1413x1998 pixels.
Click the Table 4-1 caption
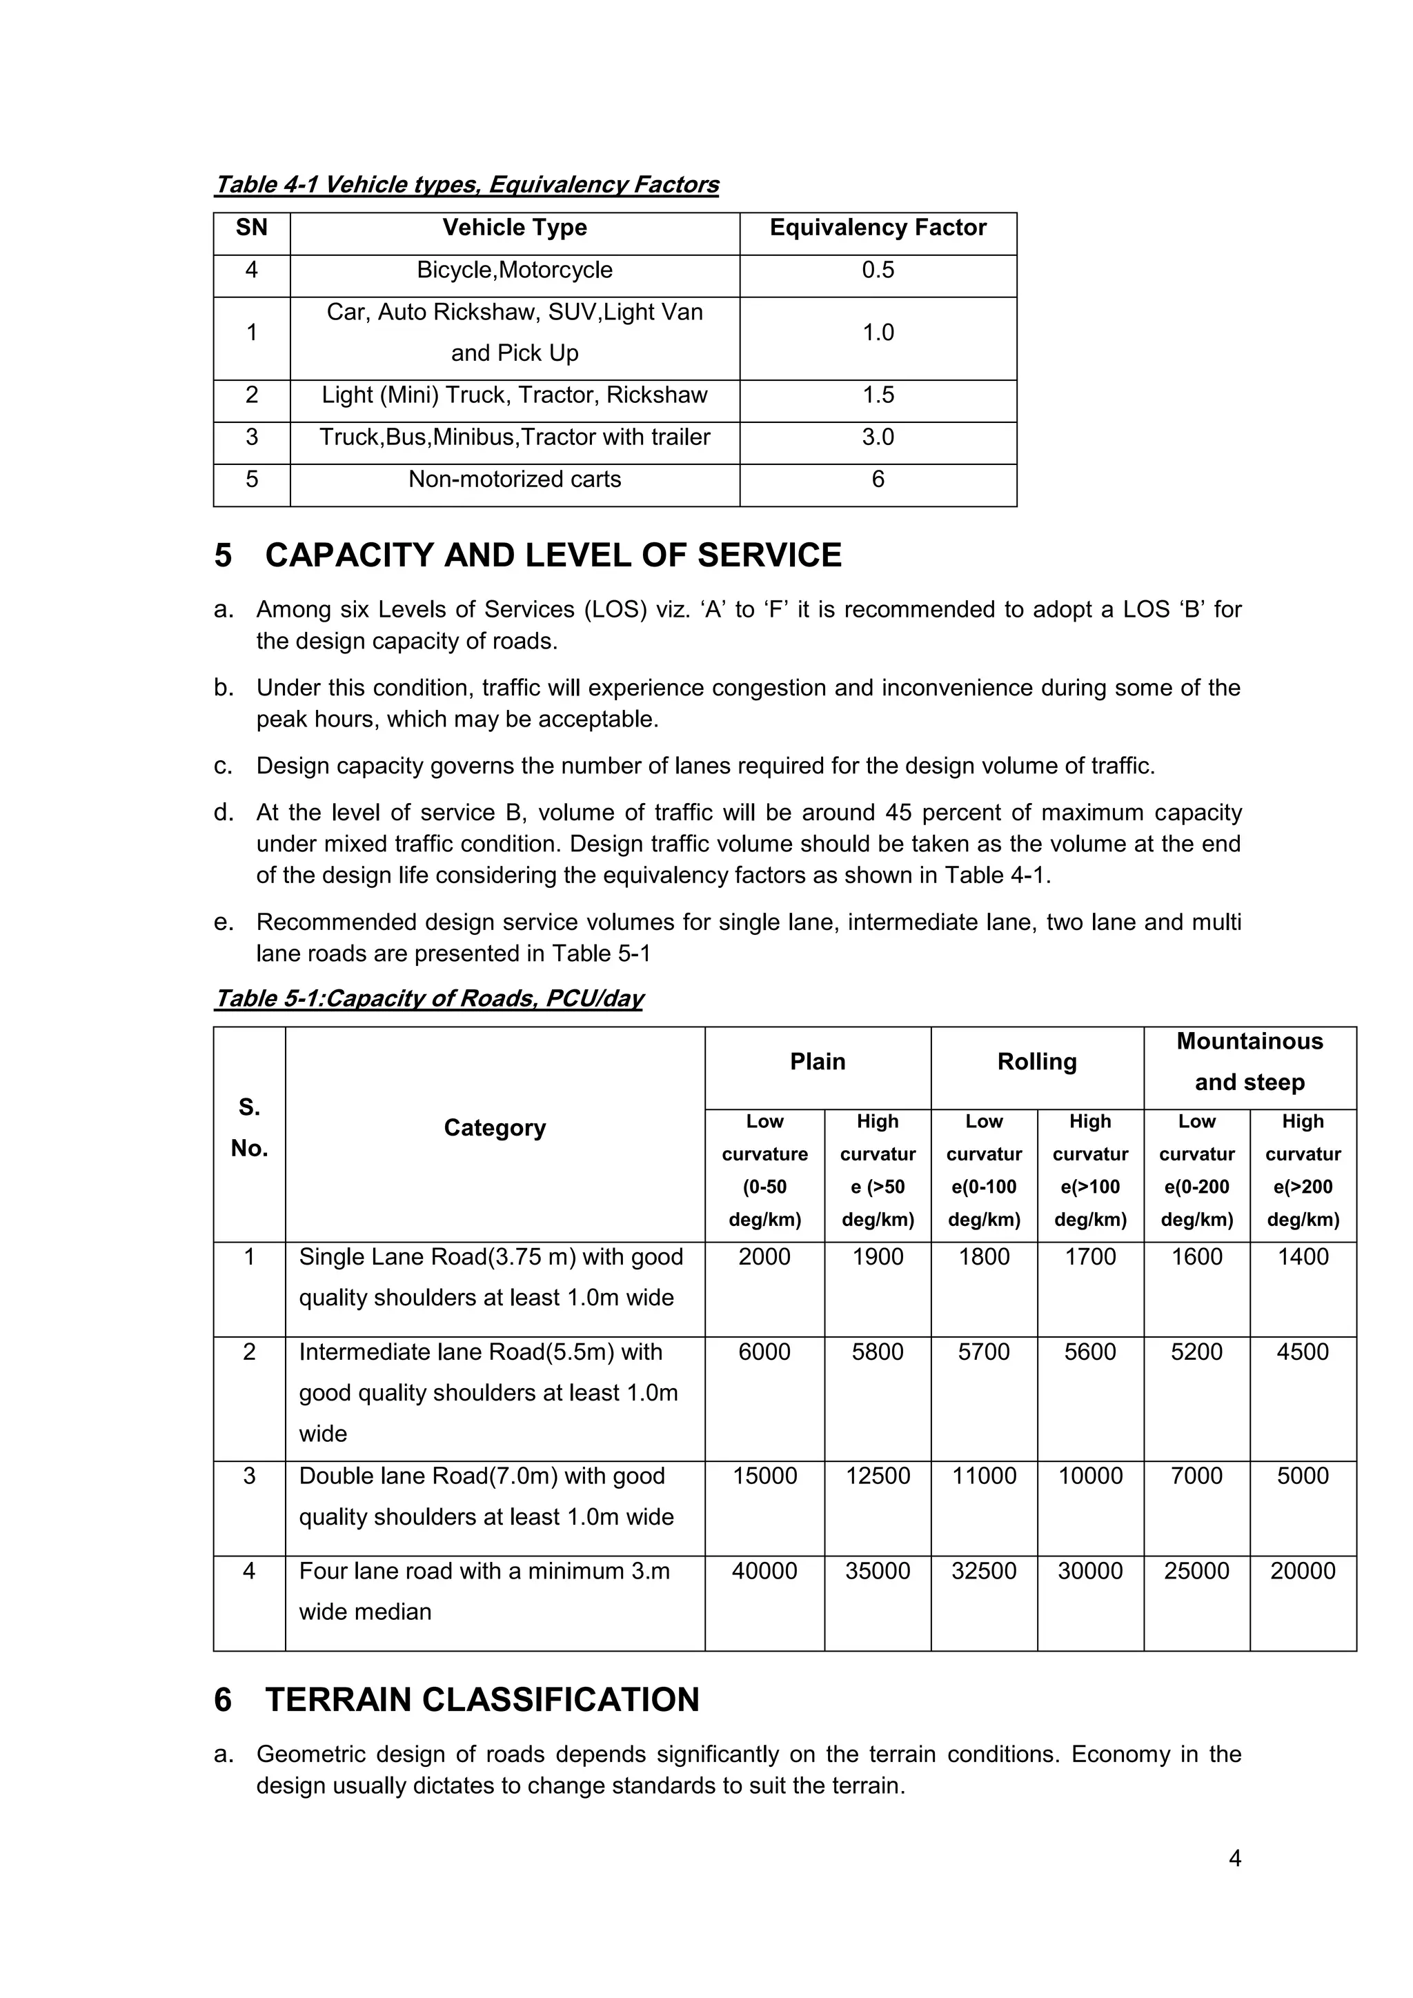coord(466,184)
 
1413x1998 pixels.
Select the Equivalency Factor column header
coord(877,228)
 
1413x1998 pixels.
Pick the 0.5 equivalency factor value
coord(877,270)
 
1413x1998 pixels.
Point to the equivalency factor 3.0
coord(877,437)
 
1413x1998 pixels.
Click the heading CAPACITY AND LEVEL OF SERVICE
coord(553,555)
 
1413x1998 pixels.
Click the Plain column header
coord(817,1062)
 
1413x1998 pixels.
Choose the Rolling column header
coord(1036,1062)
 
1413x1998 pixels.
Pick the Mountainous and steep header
coord(1249,1062)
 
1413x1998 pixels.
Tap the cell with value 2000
coord(764,1258)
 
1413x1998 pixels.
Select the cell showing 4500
coord(1303,1352)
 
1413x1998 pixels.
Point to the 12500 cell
coord(877,1476)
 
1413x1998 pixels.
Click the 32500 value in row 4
coord(983,1572)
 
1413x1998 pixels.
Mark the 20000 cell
coord(1303,1572)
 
